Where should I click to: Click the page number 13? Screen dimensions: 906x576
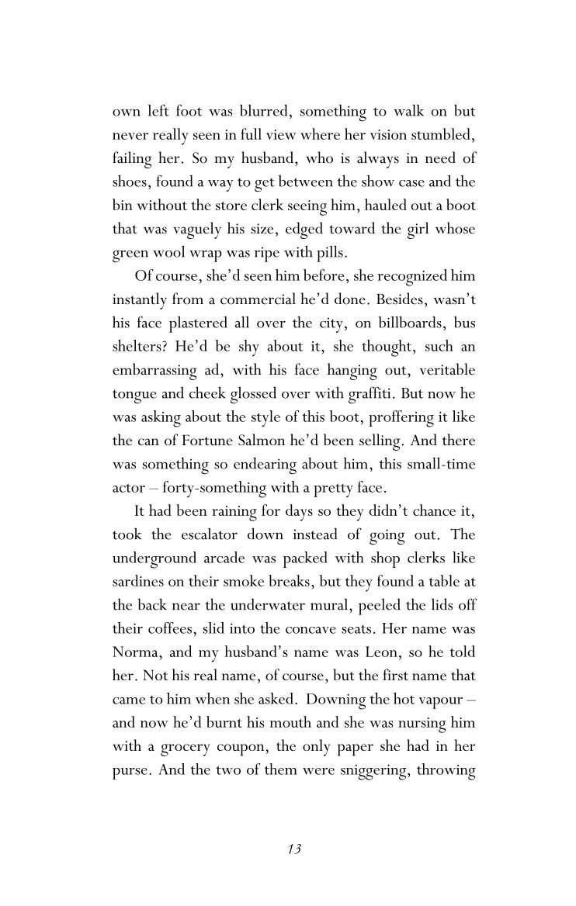pyautogui.click(x=293, y=849)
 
